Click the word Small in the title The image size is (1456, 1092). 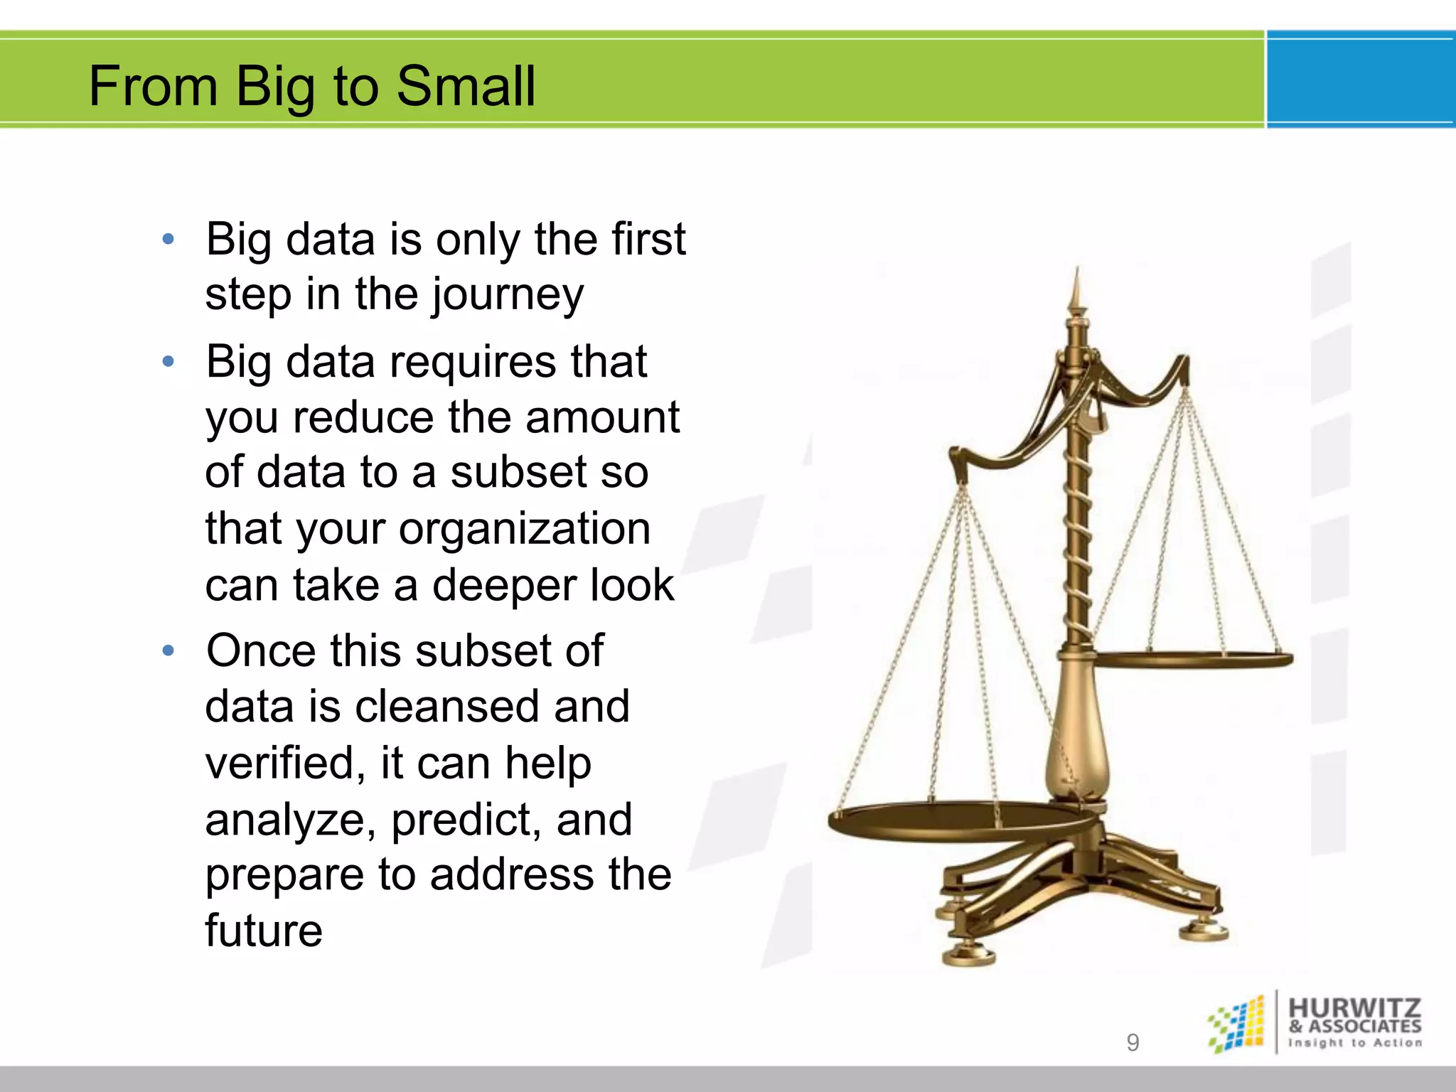tap(465, 86)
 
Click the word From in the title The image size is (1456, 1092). tap(153, 86)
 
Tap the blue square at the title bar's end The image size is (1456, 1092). tap(1360, 80)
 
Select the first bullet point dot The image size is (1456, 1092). tap(168, 240)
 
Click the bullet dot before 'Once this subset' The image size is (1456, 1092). tap(168, 651)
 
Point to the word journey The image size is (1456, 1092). tap(508, 296)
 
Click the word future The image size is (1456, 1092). tap(264, 931)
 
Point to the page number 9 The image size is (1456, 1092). tap(1133, 1042)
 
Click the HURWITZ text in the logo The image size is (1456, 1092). tap(1354, 1007)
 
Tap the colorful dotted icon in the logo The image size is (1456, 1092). tap(1237, 1024)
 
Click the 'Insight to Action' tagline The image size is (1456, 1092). tap(1354, 1043)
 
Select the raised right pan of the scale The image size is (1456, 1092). tap(1194, 660)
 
